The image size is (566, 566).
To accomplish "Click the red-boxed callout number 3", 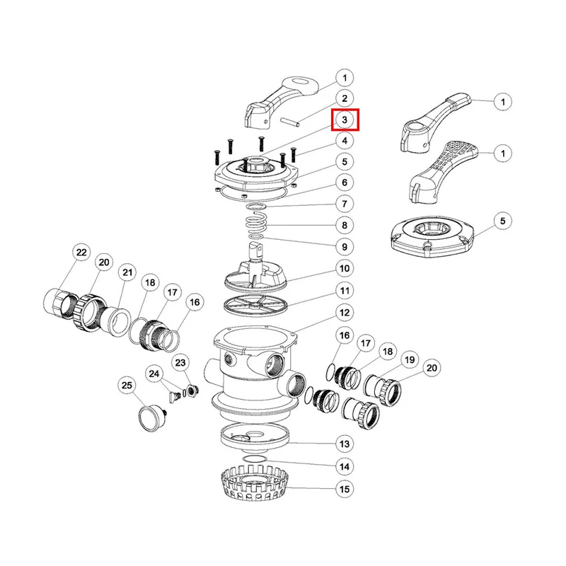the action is [345, 120].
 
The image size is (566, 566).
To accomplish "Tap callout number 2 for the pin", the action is [345, 98].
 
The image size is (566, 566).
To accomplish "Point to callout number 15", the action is [345, 489].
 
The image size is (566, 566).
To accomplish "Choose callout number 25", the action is [127, 386].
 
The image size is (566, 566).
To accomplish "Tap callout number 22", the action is [81, 252].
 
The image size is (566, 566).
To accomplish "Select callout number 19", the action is [410, 360].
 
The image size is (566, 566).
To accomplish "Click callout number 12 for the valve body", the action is [345, 313].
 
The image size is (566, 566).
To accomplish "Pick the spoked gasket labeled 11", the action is [256, 306].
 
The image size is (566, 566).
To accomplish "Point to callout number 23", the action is [180, 363].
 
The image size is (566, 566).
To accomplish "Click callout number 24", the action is [154, 374].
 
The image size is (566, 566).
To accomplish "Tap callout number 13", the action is [345, 444].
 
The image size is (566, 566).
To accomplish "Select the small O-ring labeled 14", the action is [255, 458].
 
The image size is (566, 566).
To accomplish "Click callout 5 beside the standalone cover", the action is [503, 221].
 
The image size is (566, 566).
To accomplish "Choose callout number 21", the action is [127, 272].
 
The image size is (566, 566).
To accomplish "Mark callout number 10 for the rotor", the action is [345, 269].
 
